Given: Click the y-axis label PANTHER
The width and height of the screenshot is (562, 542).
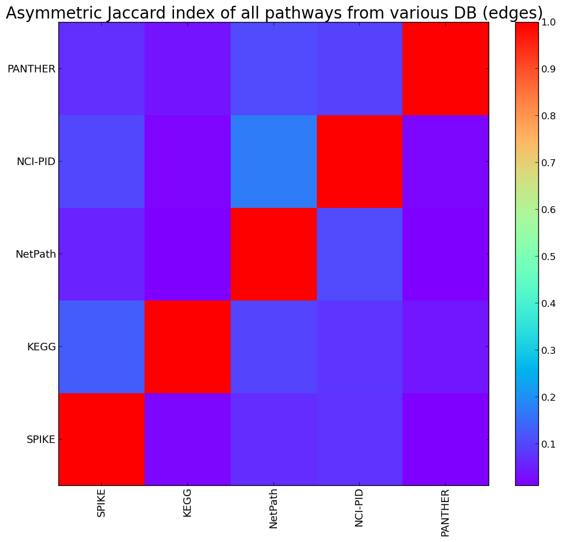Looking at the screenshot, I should coord(31,69).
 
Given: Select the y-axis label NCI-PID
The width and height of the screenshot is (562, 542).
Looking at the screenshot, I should coord(36,162).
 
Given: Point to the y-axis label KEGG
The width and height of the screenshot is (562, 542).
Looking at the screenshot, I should coord(40,347).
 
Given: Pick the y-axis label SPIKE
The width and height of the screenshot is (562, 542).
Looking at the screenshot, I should coord(40,440).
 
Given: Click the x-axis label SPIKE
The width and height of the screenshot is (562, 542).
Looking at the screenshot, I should coord(102,503).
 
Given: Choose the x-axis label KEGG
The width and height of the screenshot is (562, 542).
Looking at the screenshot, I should coord(188,501).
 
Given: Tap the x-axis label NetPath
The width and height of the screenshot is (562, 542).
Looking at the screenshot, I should coord(274,508).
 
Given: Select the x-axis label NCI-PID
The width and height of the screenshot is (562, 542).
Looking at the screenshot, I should coord(360,507).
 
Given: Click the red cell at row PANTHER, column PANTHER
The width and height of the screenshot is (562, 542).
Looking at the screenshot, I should coord(446,69).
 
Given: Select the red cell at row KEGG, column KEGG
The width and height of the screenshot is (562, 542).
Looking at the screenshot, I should coord(188,347).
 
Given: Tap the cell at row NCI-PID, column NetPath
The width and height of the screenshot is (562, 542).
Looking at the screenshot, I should coord(274,162).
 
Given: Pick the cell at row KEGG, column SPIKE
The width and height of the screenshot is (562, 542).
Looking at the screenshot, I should coord(102,347).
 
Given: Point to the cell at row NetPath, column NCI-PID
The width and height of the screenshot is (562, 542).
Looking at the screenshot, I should coord(360,254).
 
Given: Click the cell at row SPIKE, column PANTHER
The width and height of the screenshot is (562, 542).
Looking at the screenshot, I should coord(446,440).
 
